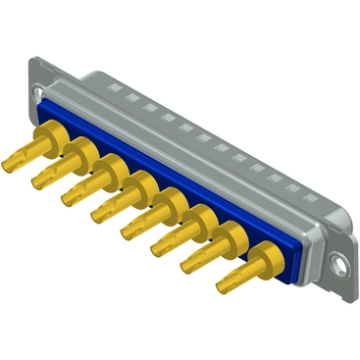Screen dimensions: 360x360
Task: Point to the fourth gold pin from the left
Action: click(109, 204)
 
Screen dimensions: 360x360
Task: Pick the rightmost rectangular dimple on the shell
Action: click(293, 188)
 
